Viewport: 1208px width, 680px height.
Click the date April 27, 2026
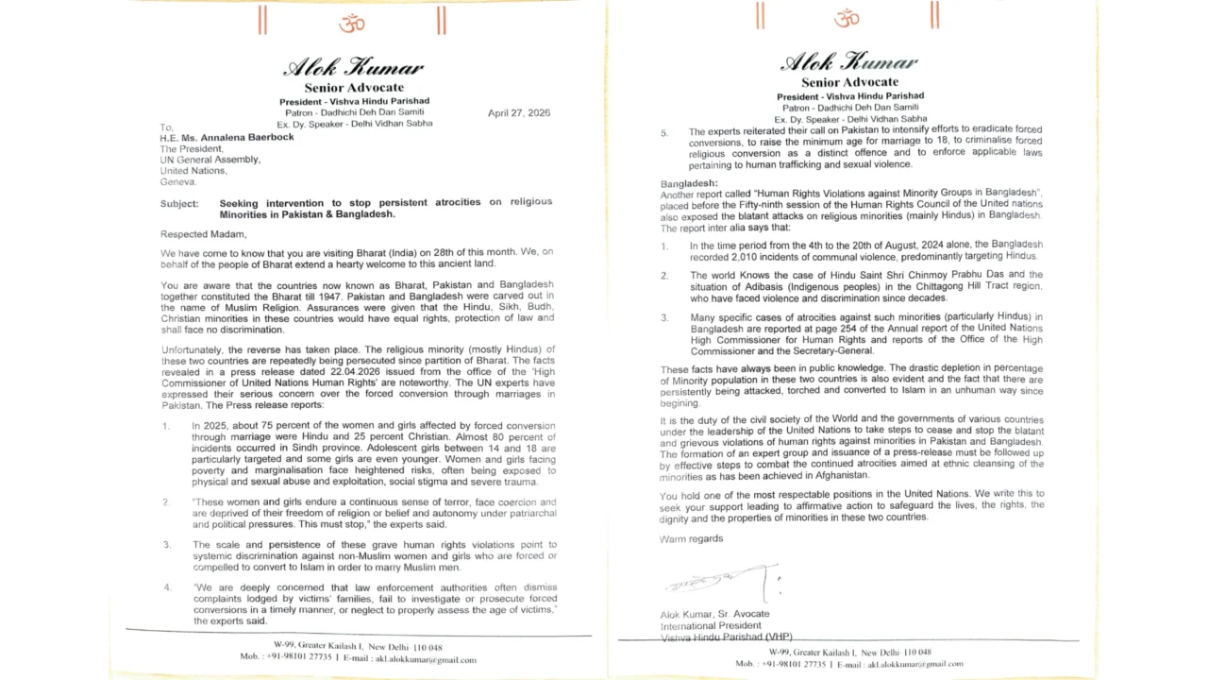point(518,113)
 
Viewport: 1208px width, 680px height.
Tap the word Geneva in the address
point(177,181)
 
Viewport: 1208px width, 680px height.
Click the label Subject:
point(179,203)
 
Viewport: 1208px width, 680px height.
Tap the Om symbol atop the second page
point(847,17)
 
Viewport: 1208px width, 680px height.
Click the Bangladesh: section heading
point(689,182)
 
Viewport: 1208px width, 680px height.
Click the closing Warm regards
point(691,538)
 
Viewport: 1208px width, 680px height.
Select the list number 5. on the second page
point(663,132)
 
